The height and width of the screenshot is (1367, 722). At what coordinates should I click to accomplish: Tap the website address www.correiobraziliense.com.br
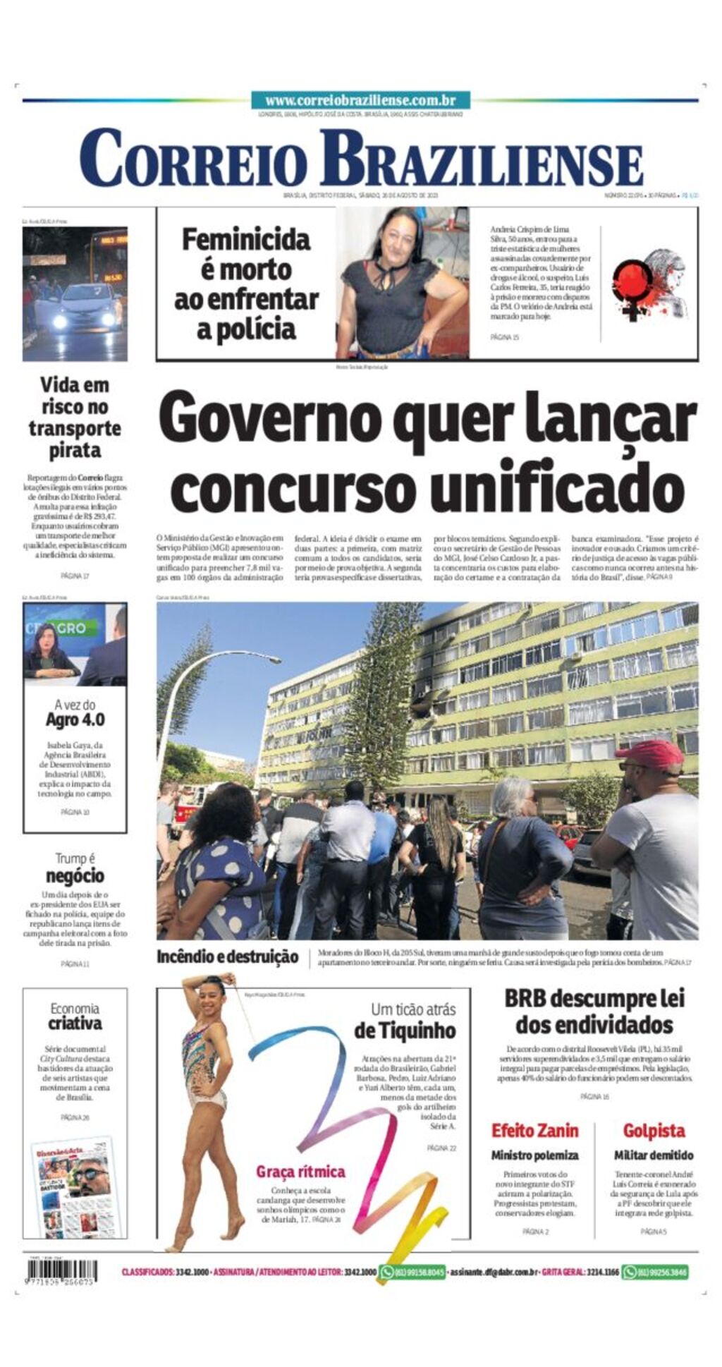tap(360, 101)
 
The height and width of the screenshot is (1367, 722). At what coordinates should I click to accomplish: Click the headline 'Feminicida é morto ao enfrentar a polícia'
tap(246, 284)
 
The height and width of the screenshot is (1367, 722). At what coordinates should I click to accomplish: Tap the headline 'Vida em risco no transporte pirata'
tap(75, 417)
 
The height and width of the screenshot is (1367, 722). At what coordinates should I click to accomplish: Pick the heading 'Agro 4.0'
tap(75, 719)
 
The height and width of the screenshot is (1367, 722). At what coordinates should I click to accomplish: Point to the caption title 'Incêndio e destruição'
tap(228, 957)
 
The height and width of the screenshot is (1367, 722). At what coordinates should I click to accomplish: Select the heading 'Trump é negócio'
tap(75, 868)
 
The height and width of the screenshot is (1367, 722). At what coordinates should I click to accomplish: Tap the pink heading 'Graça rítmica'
tap(300, 1172)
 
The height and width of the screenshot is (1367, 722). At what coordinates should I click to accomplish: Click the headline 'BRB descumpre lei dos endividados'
tap(594, 1011)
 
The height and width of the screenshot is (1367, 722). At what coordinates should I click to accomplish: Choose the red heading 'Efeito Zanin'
tap(534, 1131)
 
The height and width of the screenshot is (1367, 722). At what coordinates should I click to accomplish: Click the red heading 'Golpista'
tap(654, 1131)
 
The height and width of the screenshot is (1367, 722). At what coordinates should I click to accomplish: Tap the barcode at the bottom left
tap(62, 1271)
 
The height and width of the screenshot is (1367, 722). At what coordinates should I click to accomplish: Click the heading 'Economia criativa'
tap(75, 1016)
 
